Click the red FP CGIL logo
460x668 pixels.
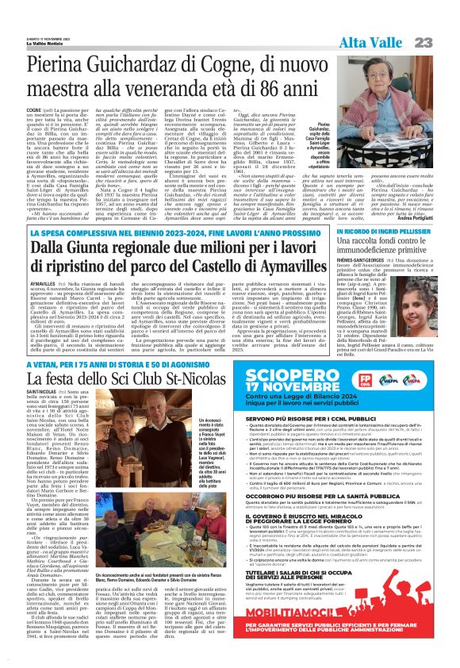(370, 381)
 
